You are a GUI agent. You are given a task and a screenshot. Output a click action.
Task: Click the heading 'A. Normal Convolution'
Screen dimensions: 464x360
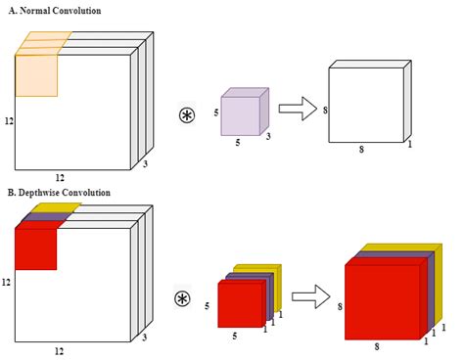[55, 11]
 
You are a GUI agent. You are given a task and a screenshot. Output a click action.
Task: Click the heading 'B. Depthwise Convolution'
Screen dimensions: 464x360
[59, 193]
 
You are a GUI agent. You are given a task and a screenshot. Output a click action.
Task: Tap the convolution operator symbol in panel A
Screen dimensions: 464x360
[187, 115]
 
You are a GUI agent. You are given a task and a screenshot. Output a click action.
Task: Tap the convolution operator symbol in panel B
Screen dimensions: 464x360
[182, 299]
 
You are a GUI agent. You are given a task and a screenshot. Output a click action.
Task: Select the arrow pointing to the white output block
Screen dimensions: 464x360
[298, 109]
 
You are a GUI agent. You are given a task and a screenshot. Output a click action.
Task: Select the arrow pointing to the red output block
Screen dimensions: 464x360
[311, 296]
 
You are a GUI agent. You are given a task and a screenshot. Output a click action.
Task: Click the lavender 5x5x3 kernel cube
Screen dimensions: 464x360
[245, 112]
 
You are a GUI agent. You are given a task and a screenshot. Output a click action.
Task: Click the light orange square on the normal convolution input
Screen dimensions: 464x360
[36, 75]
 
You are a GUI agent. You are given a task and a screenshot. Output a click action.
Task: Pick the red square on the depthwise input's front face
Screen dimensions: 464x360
[36, 249]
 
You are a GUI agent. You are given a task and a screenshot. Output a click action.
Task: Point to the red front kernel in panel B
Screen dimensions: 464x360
[241, 304]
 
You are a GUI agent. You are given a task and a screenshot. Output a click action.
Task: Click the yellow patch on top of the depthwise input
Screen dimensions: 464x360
[56, 207]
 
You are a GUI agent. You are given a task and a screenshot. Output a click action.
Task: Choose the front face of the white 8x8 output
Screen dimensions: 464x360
[366, 105]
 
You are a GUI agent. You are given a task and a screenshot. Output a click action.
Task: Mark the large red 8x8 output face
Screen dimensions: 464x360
[383, 302]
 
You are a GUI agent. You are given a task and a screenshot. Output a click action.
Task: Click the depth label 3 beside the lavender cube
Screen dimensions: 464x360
[268, 136]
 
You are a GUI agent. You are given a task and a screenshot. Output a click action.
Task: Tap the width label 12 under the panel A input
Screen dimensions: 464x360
[60, 178]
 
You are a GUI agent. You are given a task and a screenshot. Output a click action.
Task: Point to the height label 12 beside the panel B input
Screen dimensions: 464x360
[6, 282]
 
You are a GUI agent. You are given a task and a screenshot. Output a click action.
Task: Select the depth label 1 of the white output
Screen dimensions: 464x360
[410, 144]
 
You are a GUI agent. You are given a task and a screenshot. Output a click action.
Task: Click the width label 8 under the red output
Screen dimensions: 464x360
[377, 346]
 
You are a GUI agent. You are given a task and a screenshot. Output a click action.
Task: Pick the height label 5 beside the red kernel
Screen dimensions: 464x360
[207, 306]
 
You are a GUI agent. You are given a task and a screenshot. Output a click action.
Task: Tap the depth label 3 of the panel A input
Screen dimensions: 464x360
[145, 163]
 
